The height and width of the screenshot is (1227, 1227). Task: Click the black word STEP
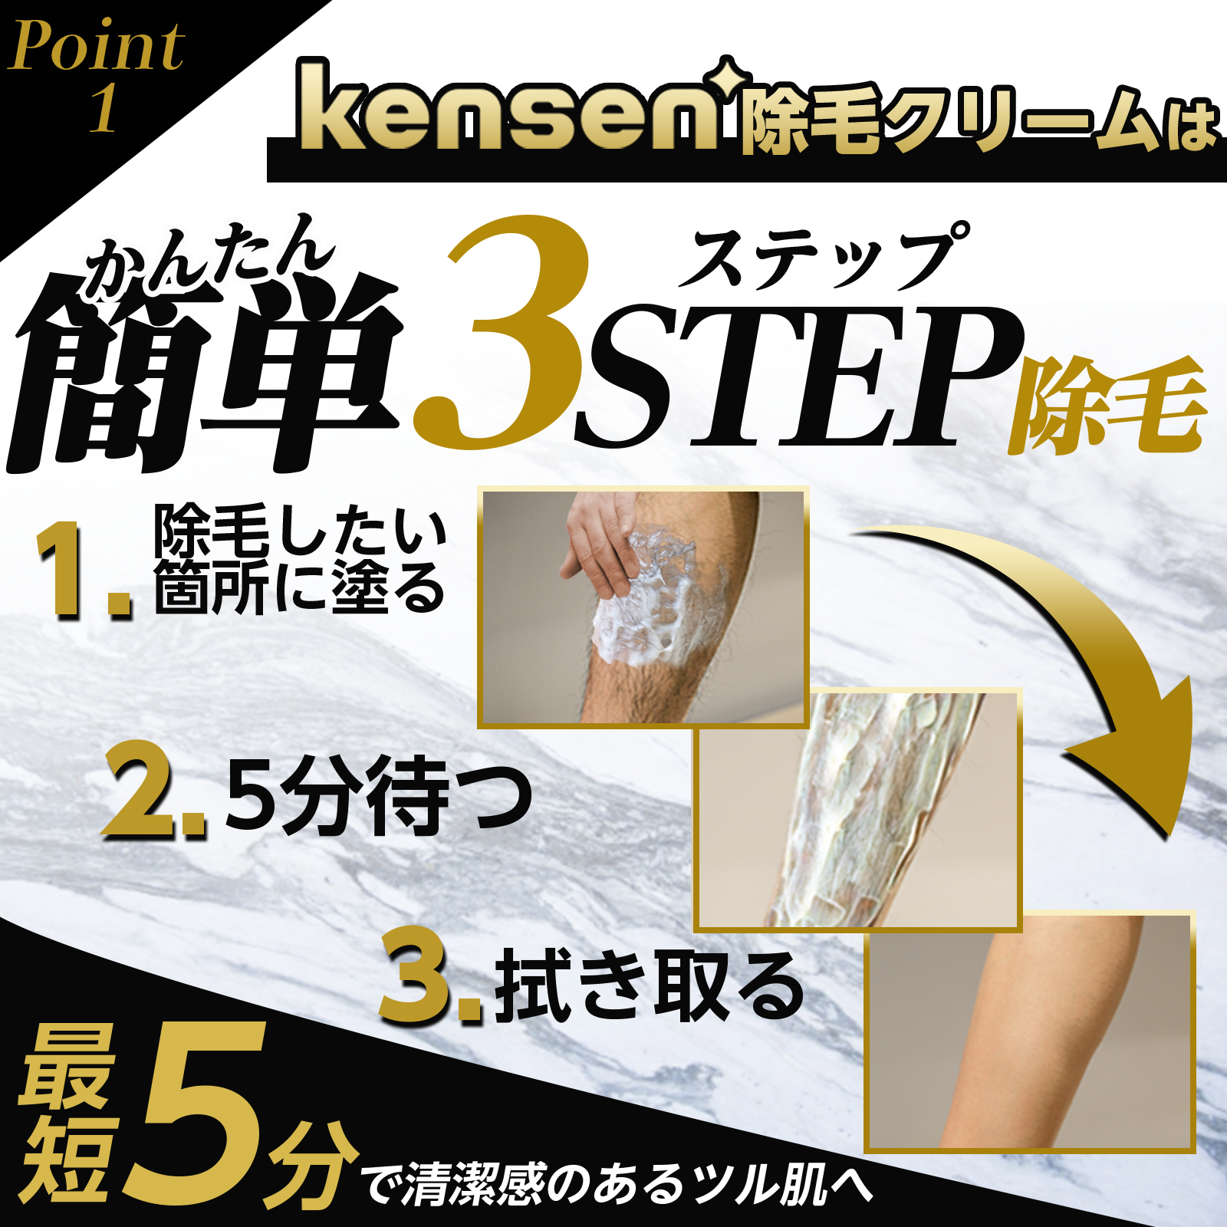tap(798, 376)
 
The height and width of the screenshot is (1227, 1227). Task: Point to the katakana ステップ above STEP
tap(824, 257)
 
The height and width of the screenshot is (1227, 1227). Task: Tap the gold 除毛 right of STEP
tap(1108, 406)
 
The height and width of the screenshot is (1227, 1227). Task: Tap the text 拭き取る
tap(648, 985)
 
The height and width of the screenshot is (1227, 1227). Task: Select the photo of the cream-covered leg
tap(859, 809)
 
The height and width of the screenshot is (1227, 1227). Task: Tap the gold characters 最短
tap(65, 1112)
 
